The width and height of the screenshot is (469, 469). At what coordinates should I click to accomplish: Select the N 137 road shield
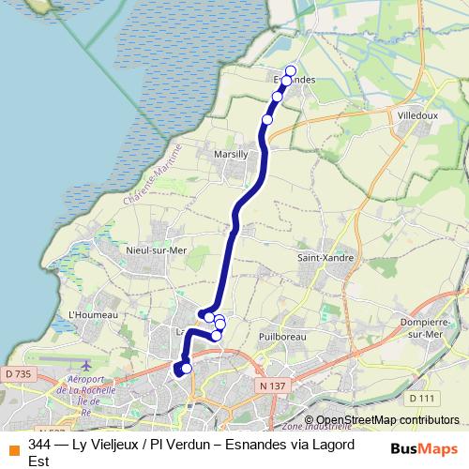[273, 386]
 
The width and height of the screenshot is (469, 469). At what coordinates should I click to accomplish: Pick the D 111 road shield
[423, 399]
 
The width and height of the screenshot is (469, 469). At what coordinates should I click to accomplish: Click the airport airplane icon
[87, 364]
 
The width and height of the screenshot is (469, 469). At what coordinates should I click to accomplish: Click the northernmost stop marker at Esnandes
[291, 70]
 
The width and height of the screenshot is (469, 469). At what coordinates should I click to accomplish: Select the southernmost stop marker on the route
[186, 368]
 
